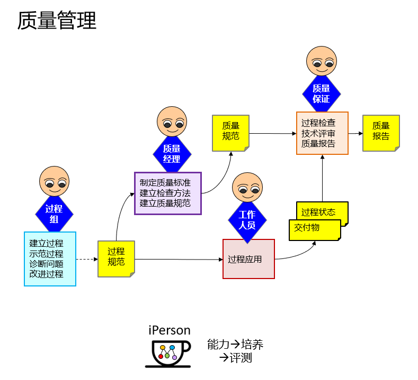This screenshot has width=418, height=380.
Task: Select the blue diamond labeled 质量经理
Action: click(x=172, y=154)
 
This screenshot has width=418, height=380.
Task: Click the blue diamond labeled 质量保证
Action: click(x=321, y=94)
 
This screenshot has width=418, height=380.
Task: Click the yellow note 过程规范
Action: click(x=116, y=258)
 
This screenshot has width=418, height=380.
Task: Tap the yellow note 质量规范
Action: click(x=230, y=133)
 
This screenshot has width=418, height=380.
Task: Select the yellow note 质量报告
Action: click(x=381, y=133)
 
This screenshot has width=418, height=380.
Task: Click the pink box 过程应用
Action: click(x=248, y=259)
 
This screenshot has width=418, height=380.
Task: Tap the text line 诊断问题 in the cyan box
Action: click(x=46, y=264)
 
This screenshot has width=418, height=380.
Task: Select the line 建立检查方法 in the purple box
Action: click(x=165, y=193)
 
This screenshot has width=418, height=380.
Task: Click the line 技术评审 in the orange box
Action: click(x=318, y=133)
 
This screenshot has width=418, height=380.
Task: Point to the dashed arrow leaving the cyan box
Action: click(x=87, y=259)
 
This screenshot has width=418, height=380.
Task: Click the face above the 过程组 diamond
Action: click(x=54, y=181)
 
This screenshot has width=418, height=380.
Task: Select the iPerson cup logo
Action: click(x=168, y=353)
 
